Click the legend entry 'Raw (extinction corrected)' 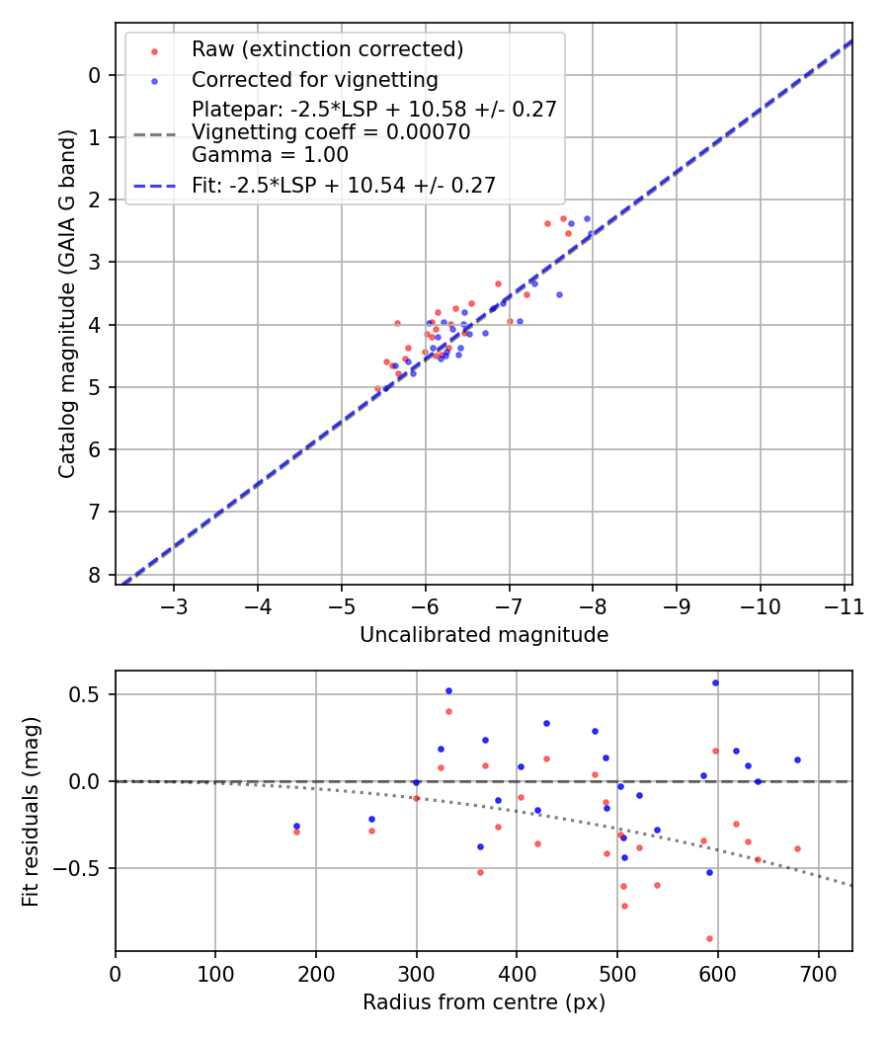point(327,49)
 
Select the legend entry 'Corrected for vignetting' point(315,79)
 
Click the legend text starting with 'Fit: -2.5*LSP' point(344,184)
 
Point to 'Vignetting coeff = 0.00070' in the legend point(331,132)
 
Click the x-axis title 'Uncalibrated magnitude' point(484,635)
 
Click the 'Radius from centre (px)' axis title point(484,1002)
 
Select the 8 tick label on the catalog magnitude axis point(95,574)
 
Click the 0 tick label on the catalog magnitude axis point(95,75)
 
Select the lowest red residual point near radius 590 point(709,938)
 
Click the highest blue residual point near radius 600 point(715,682)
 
